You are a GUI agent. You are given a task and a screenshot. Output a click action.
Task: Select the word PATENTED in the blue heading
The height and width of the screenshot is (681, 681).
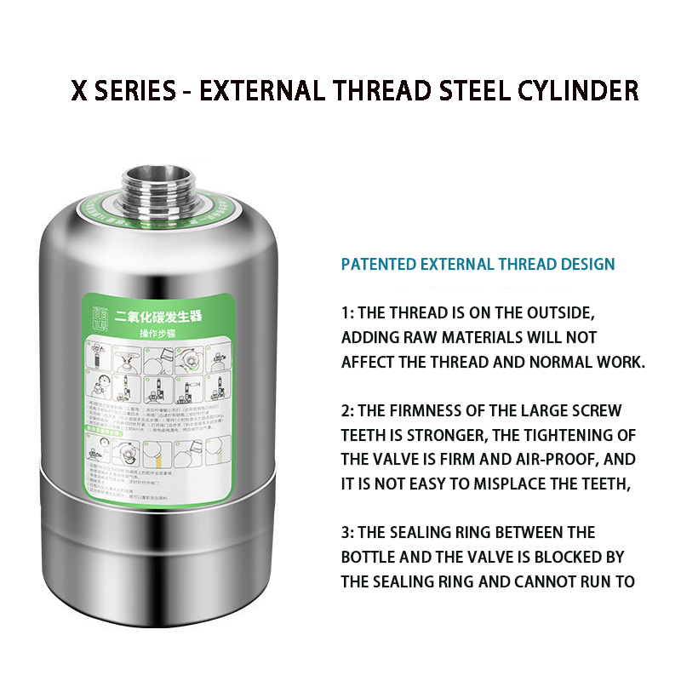pyautogui.click(x=379, y=264)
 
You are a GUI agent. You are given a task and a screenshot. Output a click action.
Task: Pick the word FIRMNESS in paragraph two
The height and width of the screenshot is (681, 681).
pyautogui.click(x=421, y=410)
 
